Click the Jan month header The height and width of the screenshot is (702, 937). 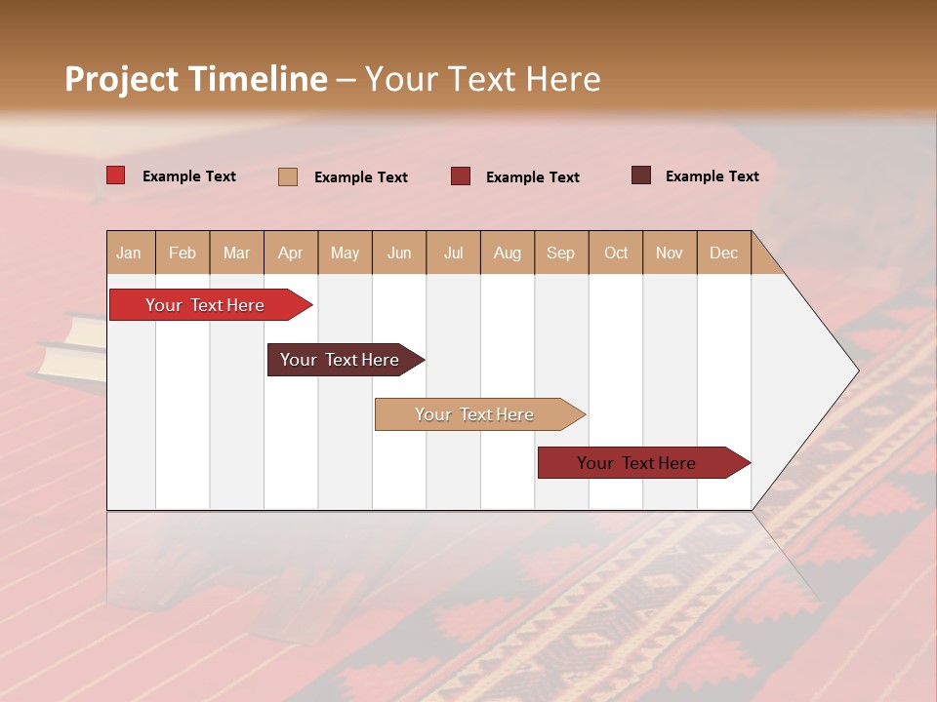(x=129, y=253)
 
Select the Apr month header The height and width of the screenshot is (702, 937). (x=290, y=253)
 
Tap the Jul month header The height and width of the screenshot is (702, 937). (x=453, y=253)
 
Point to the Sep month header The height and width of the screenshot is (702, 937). (x=560, y=253)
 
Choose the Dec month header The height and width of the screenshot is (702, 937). (x=723, y=253)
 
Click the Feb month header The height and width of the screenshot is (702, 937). (x=183, y=253)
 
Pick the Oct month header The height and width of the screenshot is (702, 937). (x=616, y=253)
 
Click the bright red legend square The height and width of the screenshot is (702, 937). (x=115, y=175)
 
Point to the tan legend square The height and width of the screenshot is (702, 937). (x=288, y=176)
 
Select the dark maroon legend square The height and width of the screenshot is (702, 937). (x=640, y=175)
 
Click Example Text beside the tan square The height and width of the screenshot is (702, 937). (x=360, y=177)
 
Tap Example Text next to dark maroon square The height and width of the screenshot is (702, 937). (x=712, y=176)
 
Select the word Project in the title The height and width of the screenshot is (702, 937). (x=121, y=79)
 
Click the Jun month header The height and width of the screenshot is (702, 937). (x=399, y=253)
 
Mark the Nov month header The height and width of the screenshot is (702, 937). (x=670, y=253)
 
